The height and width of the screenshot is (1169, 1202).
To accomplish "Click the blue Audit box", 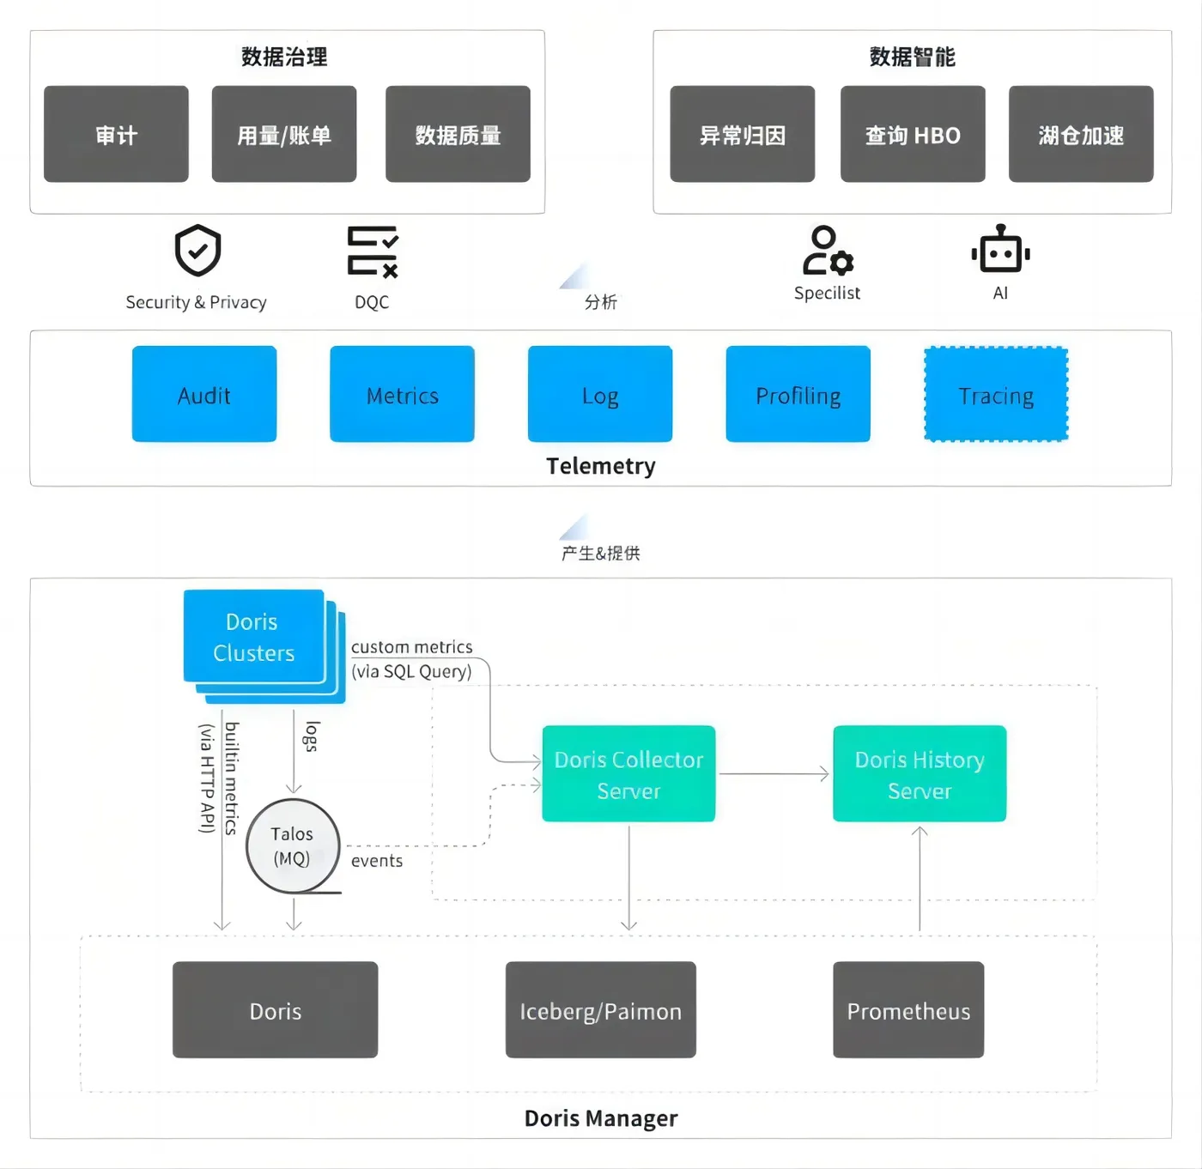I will click(x=204, y=394).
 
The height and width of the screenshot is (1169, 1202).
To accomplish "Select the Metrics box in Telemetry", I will click(x=402, y=394).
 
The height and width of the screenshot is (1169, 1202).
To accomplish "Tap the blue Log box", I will click(x=600, y=394).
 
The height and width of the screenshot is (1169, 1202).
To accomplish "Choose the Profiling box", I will click(x=798, y=394).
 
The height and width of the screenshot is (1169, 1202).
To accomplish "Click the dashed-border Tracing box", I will click(x=996, y=394).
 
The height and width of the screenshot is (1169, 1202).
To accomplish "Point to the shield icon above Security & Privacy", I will click(x=198, y=251).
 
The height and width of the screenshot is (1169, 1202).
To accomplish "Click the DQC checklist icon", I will click(x=373, y=251).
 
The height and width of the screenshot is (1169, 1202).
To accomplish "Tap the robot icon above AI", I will click(x=1000, y=251).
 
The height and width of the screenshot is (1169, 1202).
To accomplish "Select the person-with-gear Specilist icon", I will click(x=827, y=251).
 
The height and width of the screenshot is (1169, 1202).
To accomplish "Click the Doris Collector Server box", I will click(x=628, y=774).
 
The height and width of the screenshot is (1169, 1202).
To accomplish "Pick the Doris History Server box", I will click(x=920, y=774).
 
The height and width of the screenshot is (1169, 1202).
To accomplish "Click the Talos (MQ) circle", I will click(x=293, y=846).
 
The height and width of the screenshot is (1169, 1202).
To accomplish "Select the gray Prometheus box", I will click(x=908, y=1010).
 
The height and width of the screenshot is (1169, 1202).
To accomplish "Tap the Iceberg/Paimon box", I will click(x=600, y=1010).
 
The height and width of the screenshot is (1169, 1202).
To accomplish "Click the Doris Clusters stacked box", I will click(x=254, y=637).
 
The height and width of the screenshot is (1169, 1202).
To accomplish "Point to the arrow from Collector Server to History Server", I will click(x=773, y=774).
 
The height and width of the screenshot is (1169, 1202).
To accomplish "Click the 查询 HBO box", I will click(x=913, y=134).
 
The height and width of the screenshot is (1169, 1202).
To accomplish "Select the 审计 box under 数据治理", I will click(x=116, y=134).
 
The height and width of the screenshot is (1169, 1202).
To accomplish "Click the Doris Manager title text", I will click(x=601, y=1118).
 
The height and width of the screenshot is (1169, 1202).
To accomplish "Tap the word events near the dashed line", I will click(x=377, y=861).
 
